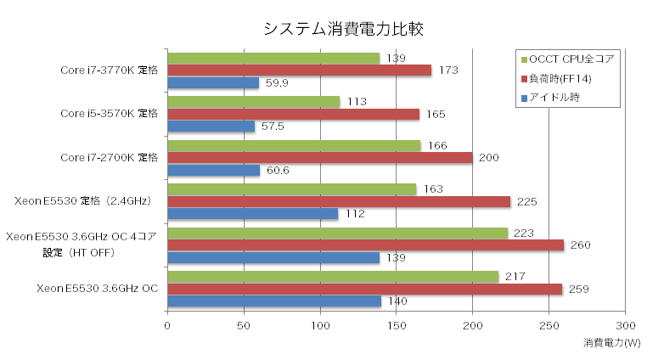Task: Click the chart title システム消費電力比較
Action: click(343, 29)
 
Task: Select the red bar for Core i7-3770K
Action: click(299, 70)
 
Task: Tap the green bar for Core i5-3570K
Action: click(253, 102)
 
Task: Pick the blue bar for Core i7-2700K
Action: click(213, 171)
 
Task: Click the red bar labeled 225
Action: click(339, 201)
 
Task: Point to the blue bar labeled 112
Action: click(252, 214)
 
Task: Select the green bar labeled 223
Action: click(337, 233)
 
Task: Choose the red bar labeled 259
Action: click(364, 290)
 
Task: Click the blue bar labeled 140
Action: click(274, 301)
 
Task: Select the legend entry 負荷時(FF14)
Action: click(560, 79)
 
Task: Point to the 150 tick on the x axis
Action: click(396, 326)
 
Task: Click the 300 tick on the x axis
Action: click(625, 326)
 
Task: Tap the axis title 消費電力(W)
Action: click(613, 343)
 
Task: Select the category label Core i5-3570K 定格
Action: click(110, 113)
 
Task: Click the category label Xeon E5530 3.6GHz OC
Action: click(98, 289)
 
